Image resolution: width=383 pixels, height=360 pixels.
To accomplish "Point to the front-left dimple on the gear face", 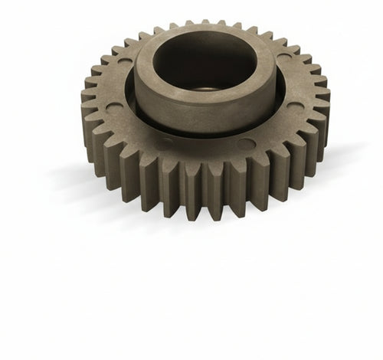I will [x=165, y=142].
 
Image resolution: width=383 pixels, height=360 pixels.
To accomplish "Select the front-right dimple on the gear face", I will [x=245, y=142].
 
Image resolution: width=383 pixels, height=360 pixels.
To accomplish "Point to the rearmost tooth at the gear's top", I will [x=204, y=25].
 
